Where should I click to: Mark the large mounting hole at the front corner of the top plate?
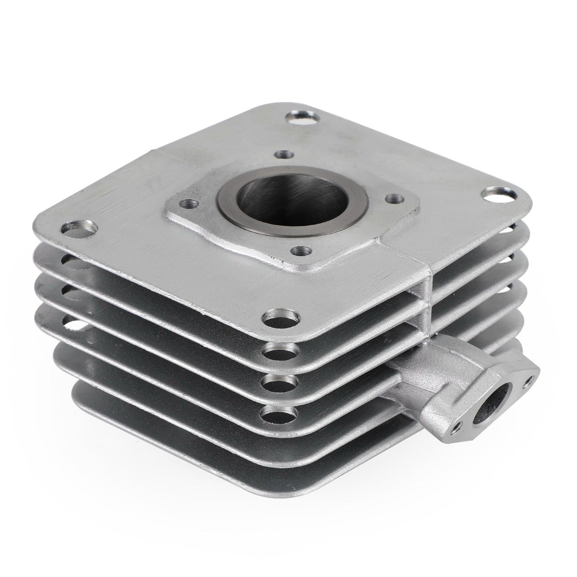point(282,318)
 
